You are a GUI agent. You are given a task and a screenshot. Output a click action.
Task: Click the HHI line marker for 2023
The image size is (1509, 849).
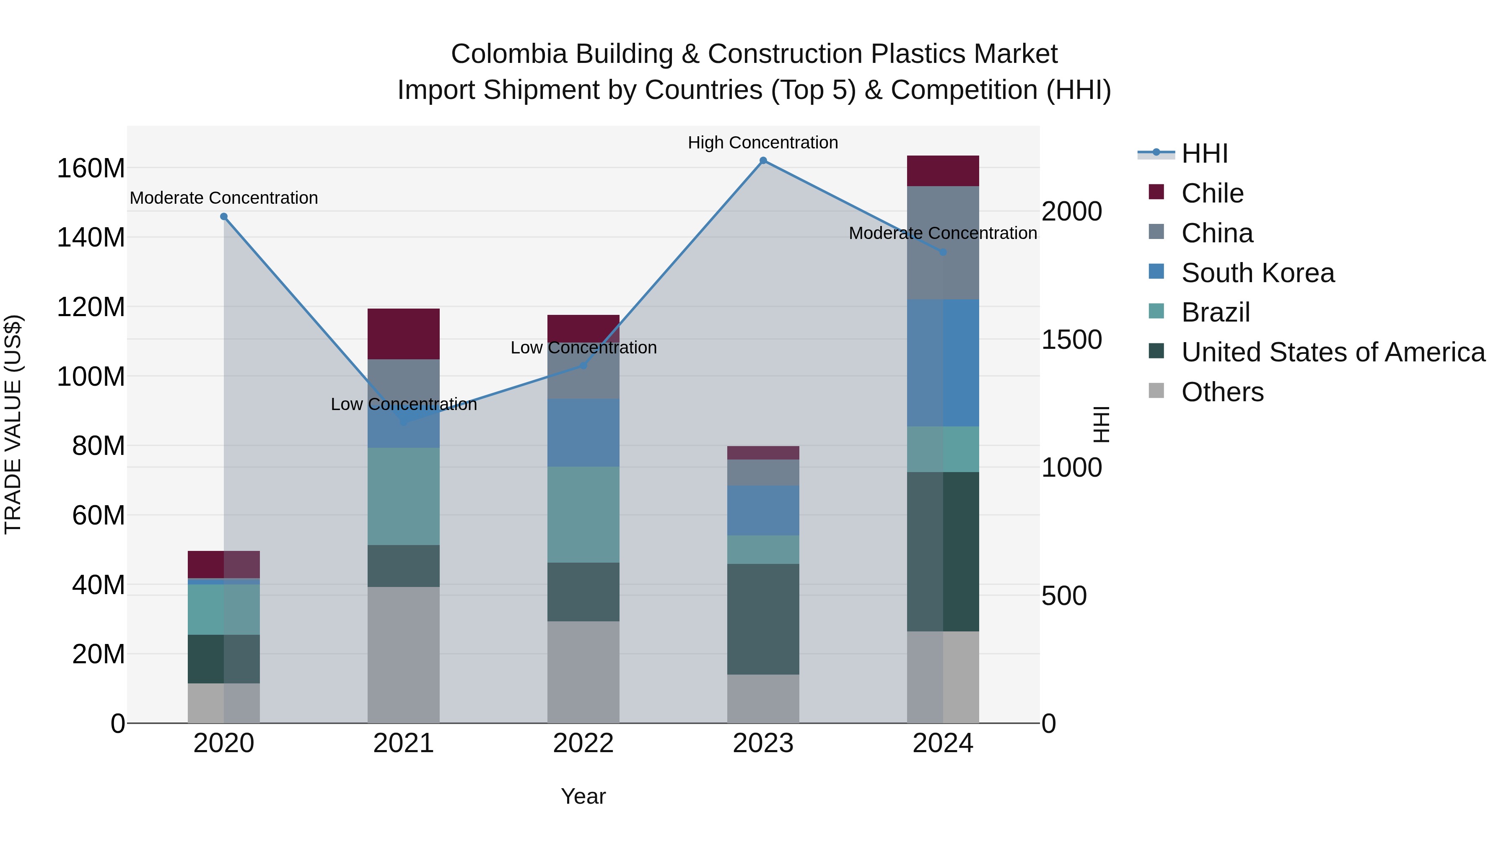tap(763, 161)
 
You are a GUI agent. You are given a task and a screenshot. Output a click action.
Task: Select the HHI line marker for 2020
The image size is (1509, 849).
tap(224, 217)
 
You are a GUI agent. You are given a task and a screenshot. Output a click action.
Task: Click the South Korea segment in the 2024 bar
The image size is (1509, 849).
tap(943, 363)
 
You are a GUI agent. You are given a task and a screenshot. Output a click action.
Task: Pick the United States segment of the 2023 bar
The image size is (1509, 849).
tap(763, 619)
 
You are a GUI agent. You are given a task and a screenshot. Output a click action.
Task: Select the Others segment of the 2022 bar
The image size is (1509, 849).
tap(583, 672)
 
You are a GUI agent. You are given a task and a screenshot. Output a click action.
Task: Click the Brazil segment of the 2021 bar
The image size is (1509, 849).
tap(404, 496)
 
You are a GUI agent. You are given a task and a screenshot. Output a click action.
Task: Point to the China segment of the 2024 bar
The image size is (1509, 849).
tap(943, 243)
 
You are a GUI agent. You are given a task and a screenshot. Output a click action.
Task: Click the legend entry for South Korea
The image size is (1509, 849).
tap(1257, 273)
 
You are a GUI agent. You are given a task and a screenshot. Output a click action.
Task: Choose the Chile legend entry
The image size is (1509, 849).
tap(1212, 193)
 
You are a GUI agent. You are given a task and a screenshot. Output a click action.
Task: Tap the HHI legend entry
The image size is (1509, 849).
tap(1204, 153)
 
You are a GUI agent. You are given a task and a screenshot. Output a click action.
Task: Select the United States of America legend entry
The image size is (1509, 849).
tap(1333, 352)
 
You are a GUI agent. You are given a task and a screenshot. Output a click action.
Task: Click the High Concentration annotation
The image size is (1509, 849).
tap(763, 143)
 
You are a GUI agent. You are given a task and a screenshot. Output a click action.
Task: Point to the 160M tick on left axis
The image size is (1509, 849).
tap(91, 168)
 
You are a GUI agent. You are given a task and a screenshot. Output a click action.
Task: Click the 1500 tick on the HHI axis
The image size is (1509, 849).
tap(1071, 340)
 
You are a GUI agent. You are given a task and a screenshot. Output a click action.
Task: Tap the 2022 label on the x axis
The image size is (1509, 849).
tap(583, 743)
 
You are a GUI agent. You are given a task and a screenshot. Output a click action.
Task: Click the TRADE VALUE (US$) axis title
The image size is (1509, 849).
tap(13, 424)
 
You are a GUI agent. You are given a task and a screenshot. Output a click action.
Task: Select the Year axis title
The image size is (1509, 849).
tap(583, 796)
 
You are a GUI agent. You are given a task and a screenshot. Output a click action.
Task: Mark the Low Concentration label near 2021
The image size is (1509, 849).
tap(404, 404)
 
